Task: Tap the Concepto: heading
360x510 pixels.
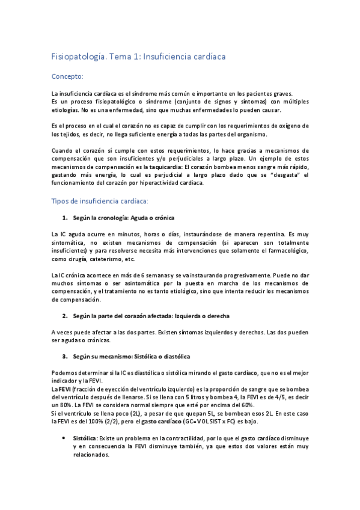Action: click(x=67, y=77)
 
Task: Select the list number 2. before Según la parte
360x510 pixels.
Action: click(x=65, y=316)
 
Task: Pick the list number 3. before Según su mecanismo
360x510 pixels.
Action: click(x=65, y=357)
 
